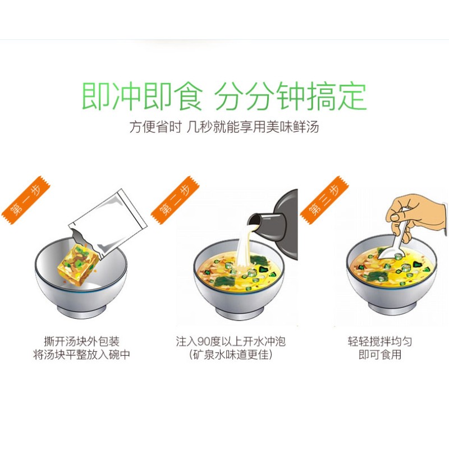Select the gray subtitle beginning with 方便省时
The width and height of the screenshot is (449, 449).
(224, 127)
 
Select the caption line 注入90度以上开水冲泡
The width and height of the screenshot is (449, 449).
(231, 341)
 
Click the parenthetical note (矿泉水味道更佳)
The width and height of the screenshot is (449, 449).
(231, 355)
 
